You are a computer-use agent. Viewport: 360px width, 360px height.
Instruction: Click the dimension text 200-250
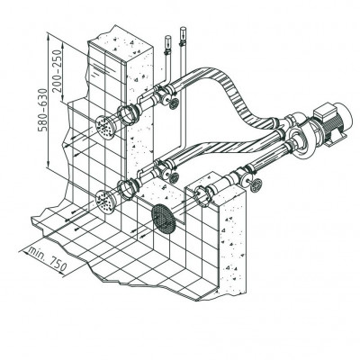tap(57, 70)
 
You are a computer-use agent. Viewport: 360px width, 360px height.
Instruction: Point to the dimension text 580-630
tap(43, 110)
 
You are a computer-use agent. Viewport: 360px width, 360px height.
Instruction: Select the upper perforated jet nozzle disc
tap(105, 128)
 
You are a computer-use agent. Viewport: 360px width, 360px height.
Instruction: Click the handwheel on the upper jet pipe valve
tap(174, 104)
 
